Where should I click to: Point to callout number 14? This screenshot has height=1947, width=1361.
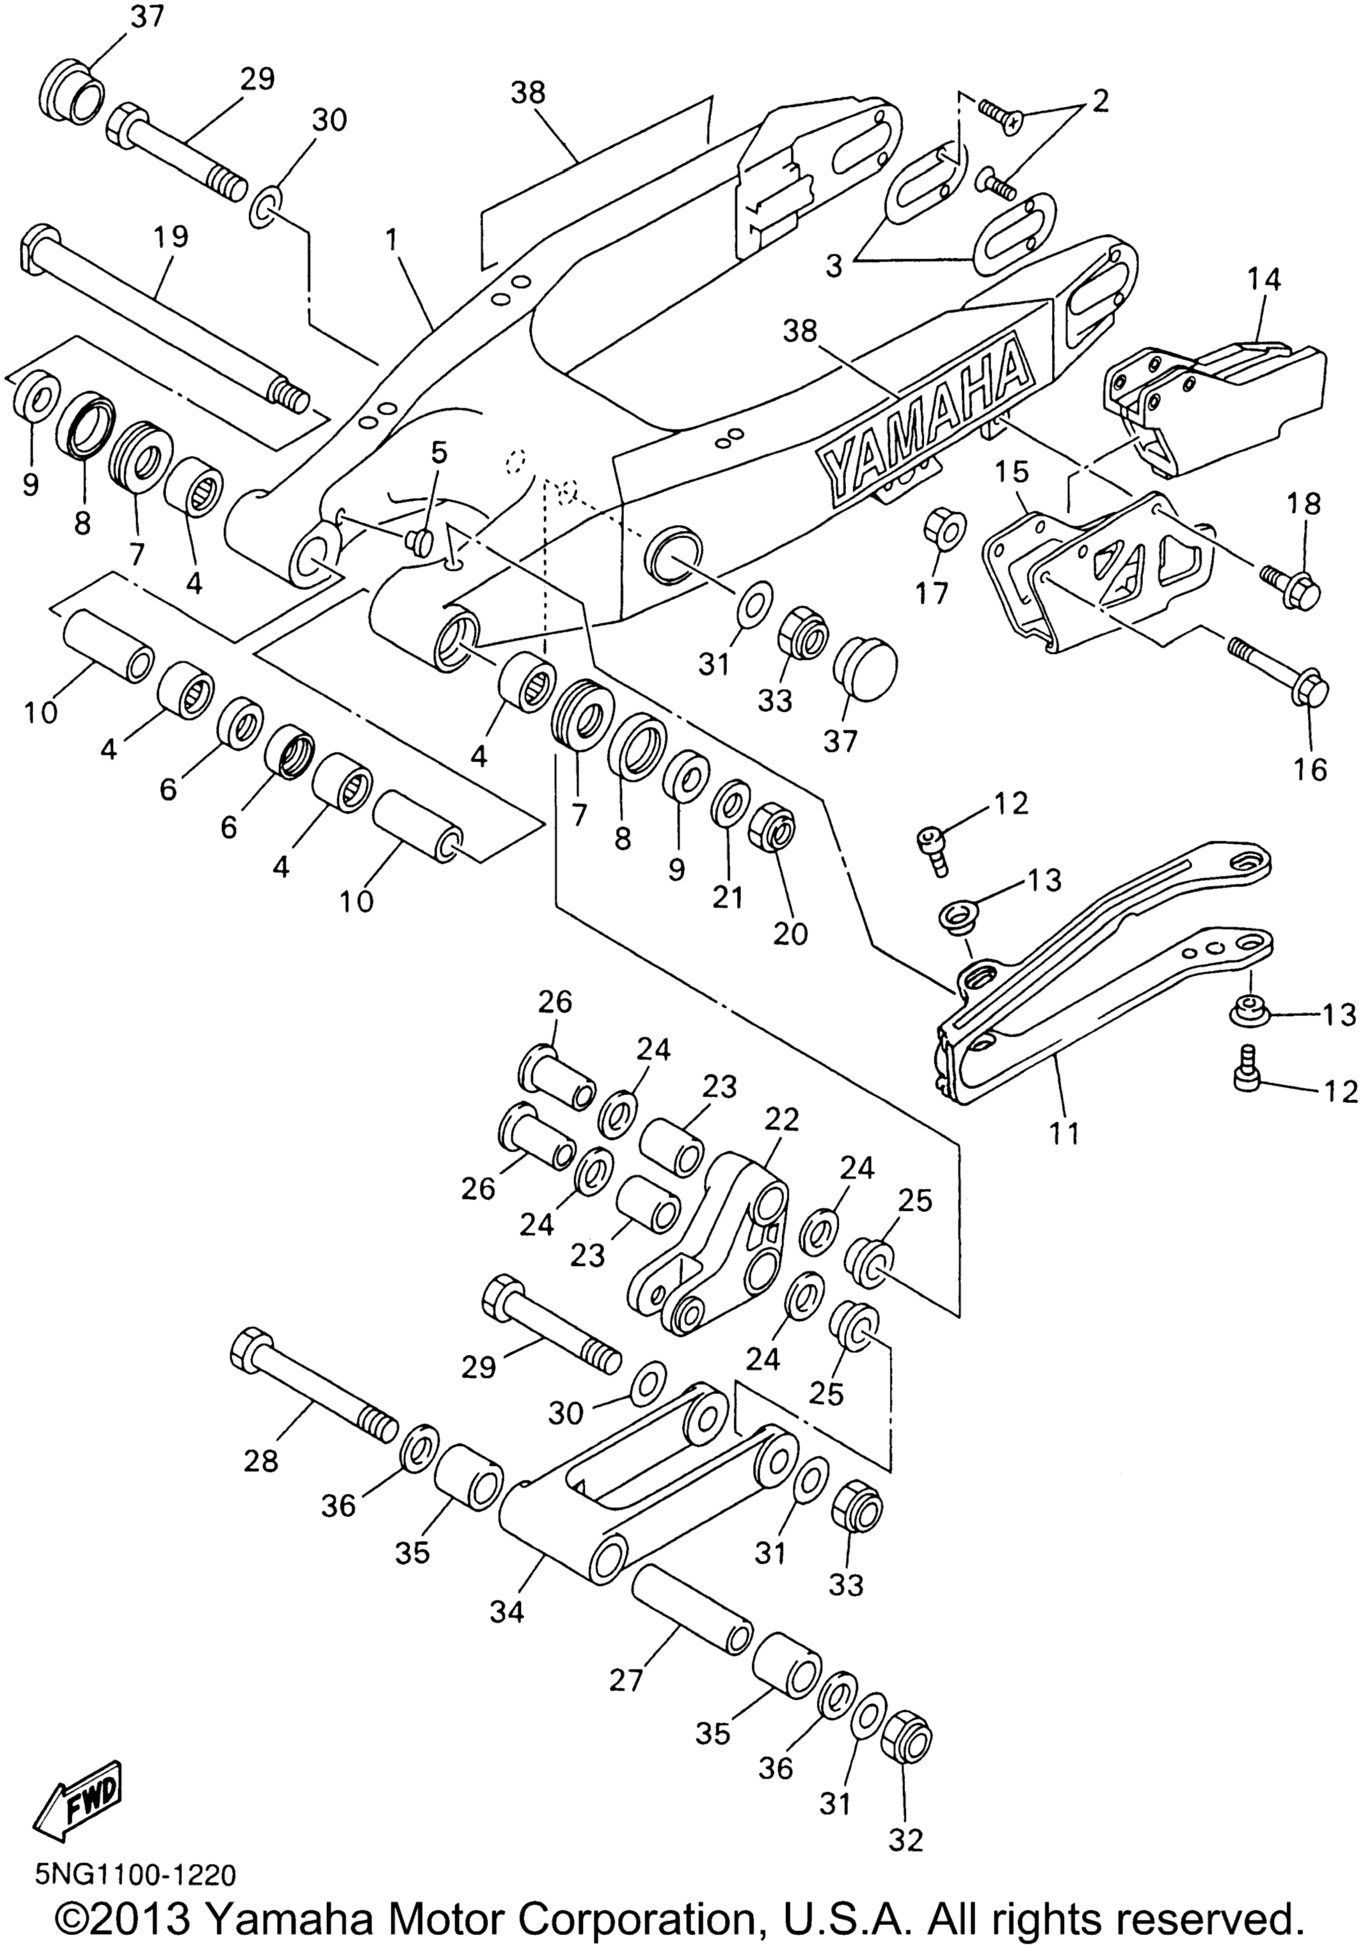(1265, 280)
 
